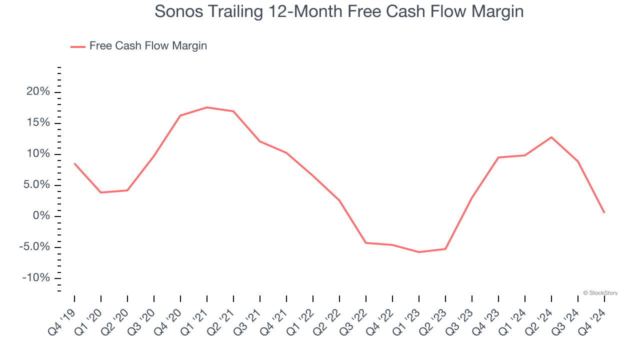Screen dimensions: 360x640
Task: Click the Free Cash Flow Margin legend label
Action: click(x=148, y=46)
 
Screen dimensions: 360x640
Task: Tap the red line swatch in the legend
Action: click(x=78, y=46)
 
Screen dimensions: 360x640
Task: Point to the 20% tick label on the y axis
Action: click(x=38, y=92)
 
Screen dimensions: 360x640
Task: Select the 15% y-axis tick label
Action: click(x=38, y=123)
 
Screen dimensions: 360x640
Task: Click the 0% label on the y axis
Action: click(x=41, y=216)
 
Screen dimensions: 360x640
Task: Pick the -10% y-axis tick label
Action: click(x=36, y=278)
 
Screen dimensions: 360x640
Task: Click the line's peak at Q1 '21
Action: click(x=207, y=107)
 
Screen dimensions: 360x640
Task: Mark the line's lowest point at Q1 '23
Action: click(x=419, y=252)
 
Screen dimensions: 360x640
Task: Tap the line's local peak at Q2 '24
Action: click(x=551, y=137)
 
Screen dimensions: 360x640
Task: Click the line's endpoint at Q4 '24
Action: click(x=604, y=213)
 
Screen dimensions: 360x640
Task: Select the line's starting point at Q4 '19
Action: click(x=74, y=163)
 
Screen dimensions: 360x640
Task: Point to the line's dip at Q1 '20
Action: click(x=101, y=192)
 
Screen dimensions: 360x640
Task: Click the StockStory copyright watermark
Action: click(x=600, y=293)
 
